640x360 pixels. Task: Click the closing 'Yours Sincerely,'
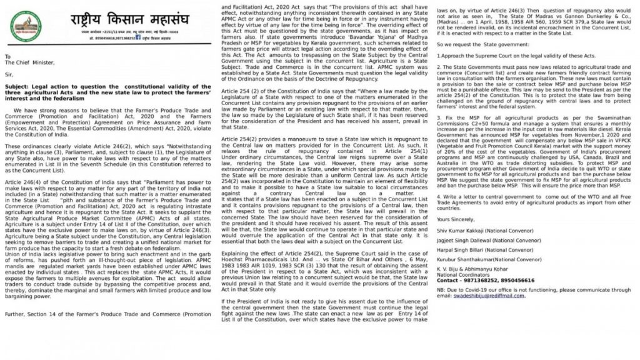click(456, 219)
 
